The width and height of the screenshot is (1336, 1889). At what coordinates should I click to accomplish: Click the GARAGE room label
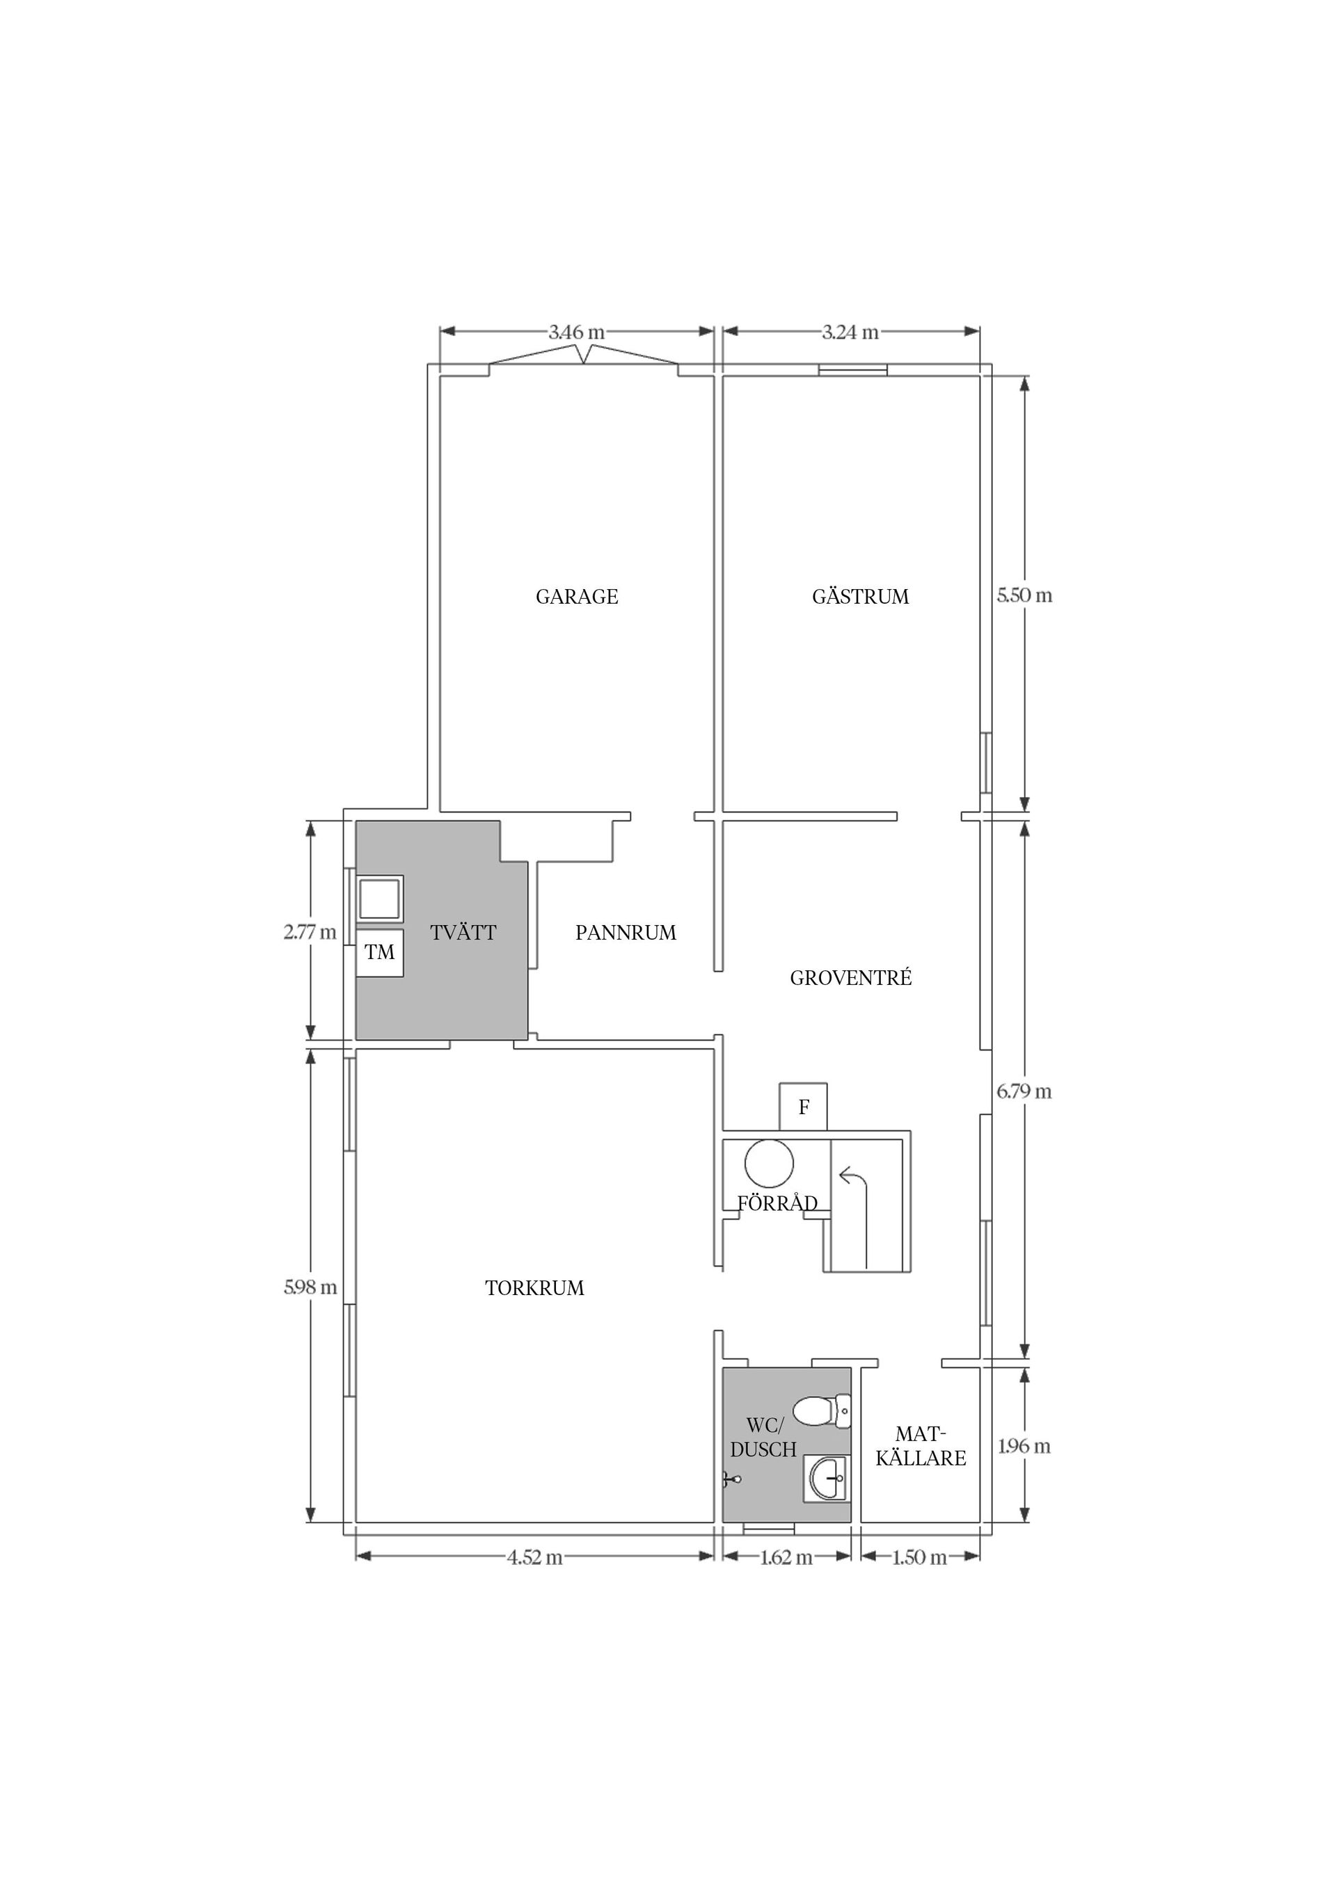(x=576, y=597)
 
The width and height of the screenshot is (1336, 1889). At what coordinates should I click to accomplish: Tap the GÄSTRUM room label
(x=860, y=597)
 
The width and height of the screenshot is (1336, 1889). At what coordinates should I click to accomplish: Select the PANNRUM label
(x=626, y=932)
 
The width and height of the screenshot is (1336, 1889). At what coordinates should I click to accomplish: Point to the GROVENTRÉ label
(x=850, y=977)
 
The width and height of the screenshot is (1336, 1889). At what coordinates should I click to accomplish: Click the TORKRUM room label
(x=534, y=1287)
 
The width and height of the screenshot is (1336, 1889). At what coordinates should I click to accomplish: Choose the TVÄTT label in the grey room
(x=463, y=932)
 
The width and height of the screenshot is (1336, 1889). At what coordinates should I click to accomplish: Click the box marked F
(x=804, y=1107)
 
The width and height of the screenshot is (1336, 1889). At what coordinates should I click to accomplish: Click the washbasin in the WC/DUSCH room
(x=827, y=1479)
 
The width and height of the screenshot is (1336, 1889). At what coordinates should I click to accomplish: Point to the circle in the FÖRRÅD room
(x=769, y=1164)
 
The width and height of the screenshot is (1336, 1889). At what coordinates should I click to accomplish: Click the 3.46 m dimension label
(x=576, y=332)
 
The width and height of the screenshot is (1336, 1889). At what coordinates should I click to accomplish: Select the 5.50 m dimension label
(x=1024, y=595)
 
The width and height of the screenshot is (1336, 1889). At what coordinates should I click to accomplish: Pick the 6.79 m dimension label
(x=1024, y=1091)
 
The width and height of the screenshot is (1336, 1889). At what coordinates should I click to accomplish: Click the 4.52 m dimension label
(x=534, y=1557)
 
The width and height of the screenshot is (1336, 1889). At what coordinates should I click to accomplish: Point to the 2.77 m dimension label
(x=310, y=932)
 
